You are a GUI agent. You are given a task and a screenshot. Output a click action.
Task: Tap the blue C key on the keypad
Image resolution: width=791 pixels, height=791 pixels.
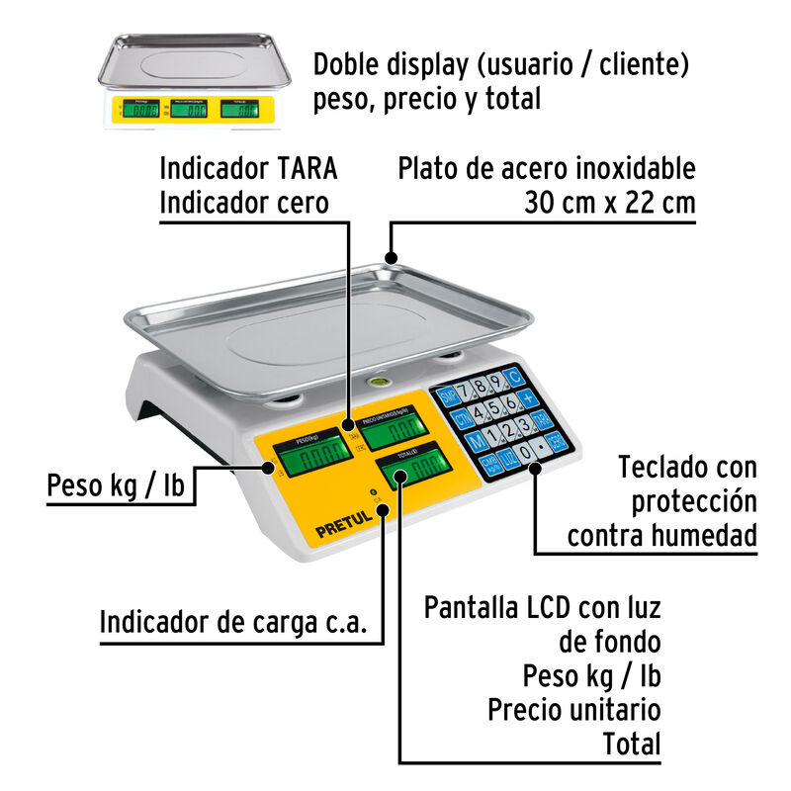511,377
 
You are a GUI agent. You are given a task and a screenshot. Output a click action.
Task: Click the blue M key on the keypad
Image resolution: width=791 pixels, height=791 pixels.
476,440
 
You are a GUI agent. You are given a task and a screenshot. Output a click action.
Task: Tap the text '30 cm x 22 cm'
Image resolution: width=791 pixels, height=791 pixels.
609,203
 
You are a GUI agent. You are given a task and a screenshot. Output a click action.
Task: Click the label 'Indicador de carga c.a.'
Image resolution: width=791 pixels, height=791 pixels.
233,623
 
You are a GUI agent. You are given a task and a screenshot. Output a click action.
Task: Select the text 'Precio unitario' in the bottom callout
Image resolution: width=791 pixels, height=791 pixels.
573,709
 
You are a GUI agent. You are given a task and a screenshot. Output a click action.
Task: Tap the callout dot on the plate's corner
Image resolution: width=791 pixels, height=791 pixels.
392,258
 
